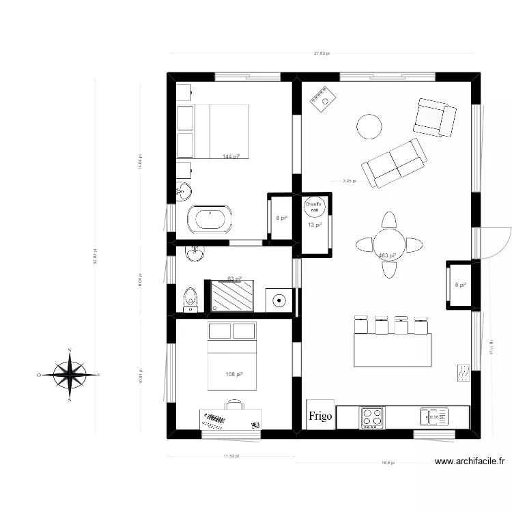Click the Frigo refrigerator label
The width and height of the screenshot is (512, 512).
click(319, 416)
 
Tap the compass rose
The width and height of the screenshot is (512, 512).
click(70, 375)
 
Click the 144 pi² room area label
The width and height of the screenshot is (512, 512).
click(231, 156)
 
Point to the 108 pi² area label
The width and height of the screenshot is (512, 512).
click(234, 374)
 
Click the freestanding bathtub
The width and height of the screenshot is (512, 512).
click(210, 219)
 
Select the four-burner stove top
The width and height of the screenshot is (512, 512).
click(372, 418)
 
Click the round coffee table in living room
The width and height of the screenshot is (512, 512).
click(369, 126)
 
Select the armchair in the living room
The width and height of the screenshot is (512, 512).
click(434, 117)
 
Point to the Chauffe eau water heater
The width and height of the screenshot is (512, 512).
click(313, 206)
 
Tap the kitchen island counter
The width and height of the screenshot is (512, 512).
click(393, 350)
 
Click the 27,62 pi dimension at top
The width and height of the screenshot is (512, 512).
click(322, 53)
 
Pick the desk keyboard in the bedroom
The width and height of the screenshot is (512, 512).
click(214, 421)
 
